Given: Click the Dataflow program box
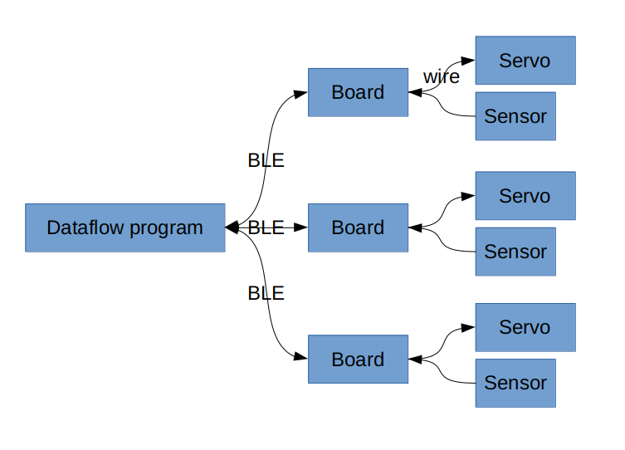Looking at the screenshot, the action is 125,227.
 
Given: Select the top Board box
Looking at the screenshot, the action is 358,92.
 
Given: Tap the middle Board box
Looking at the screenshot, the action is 358,227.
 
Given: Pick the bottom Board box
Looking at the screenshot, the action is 358,360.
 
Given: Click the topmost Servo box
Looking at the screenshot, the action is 525,60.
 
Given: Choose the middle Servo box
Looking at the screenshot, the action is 525,196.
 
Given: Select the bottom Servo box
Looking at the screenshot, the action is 525,327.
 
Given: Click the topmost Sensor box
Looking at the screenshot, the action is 515,116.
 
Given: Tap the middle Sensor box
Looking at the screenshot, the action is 515,252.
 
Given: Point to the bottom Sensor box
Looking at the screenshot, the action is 515,383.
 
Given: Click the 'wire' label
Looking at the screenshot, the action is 442,76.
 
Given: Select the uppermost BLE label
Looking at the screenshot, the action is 266,160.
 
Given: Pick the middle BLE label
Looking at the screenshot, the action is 266,227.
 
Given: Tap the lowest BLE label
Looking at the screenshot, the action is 266,293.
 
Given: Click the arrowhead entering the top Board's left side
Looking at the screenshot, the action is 301,94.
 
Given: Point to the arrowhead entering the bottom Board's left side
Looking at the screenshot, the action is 301,357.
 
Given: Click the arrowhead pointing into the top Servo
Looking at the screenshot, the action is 468,61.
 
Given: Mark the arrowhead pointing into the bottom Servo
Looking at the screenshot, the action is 468,328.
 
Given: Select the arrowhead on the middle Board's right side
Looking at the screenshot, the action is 415,227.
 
